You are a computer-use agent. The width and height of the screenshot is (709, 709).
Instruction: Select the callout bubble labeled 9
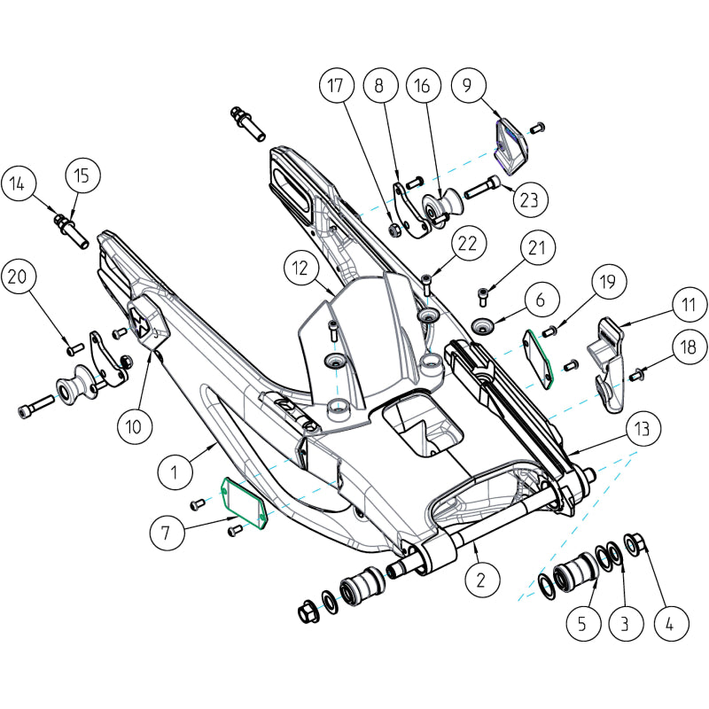tap(466, 86)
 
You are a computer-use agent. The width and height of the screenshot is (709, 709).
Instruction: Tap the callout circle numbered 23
tap(529, 199)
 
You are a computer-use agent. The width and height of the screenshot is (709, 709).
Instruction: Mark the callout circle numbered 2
tap(479, 580)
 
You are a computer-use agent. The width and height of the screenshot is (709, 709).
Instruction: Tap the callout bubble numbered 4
tap(669, 623)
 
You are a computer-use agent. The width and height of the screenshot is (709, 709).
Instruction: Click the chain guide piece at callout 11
tap(610, 363)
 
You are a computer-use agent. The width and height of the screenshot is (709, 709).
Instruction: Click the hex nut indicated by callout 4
tap(635, 541)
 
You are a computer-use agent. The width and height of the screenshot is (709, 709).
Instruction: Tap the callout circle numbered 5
tap(581, 623)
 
